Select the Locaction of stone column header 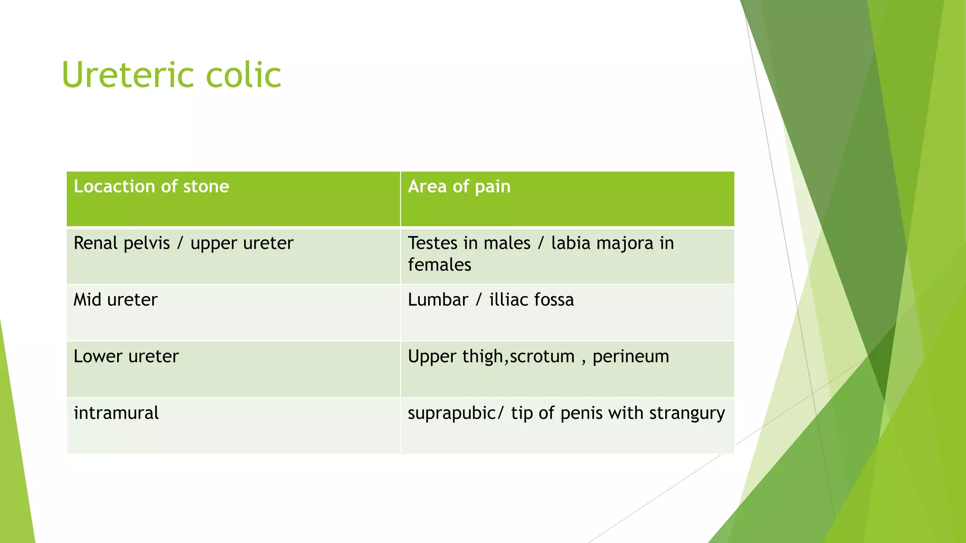(x=151, y=187)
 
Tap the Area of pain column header (x=458, y=187)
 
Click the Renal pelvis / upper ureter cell (x=183, y=243)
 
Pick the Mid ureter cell (x=116, y=300)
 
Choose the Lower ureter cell (x=126, y=356)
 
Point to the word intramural (x=116, y=413)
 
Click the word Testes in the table (x=433, y=243)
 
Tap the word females (x=439, y=265)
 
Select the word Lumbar (x=438, y=300)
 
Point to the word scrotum (x=542, y=356)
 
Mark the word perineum (x=631, y=356)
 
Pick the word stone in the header (x=206, y=187)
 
